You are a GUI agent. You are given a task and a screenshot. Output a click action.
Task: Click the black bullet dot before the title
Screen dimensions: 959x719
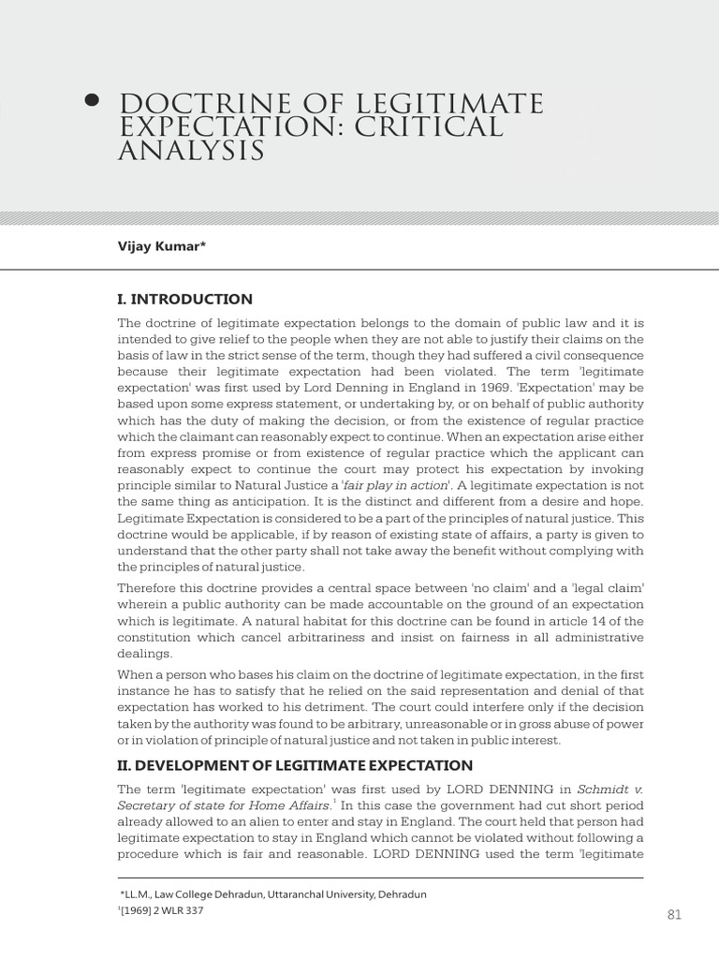click(x=92, y=101)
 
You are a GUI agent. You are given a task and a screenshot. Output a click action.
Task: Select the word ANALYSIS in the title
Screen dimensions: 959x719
click(x=191, y=151)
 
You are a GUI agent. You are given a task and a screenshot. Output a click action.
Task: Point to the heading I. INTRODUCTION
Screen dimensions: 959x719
click(x=184, y=300)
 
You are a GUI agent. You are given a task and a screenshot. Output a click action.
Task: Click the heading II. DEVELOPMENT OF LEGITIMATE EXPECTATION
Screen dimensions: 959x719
click(x=295, y=765)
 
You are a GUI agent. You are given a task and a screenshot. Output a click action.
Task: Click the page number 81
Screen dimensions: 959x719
click(x=674, y=914)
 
